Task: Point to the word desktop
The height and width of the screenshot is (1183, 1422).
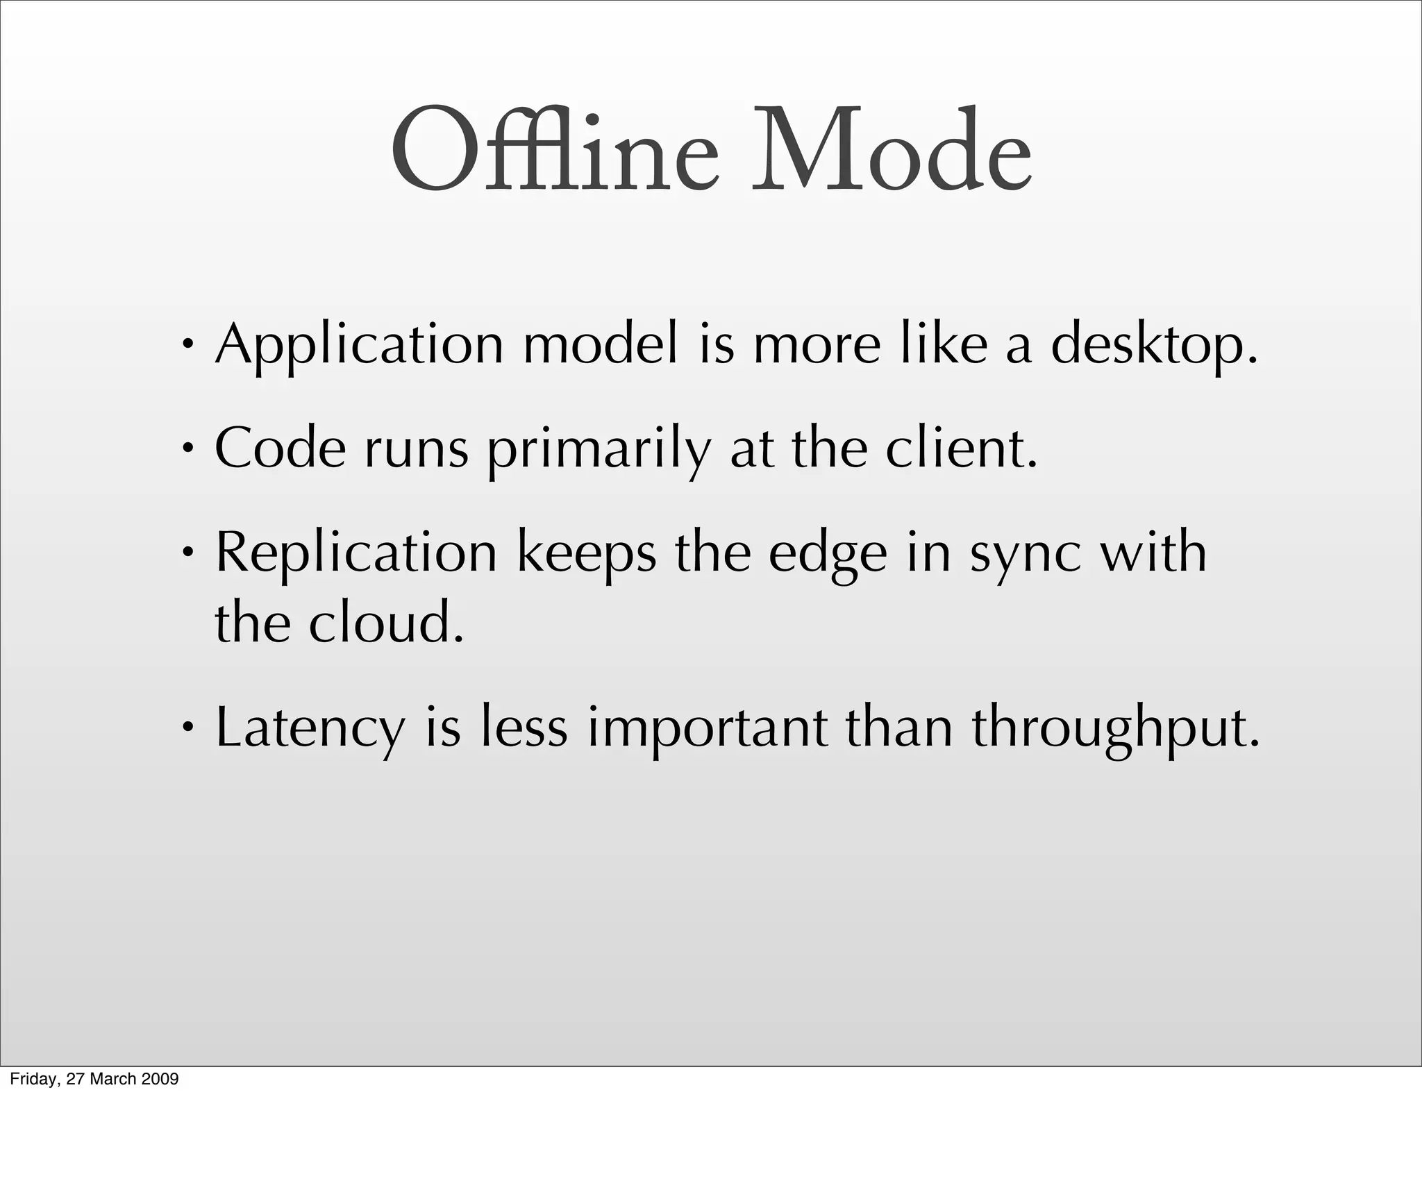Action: click(x=1153, y=345)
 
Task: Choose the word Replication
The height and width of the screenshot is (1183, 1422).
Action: click(x=356, y=554)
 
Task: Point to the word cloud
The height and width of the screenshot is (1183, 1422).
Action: click(x=385, y=623)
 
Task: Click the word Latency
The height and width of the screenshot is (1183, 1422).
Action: click(x=310, y=729)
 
